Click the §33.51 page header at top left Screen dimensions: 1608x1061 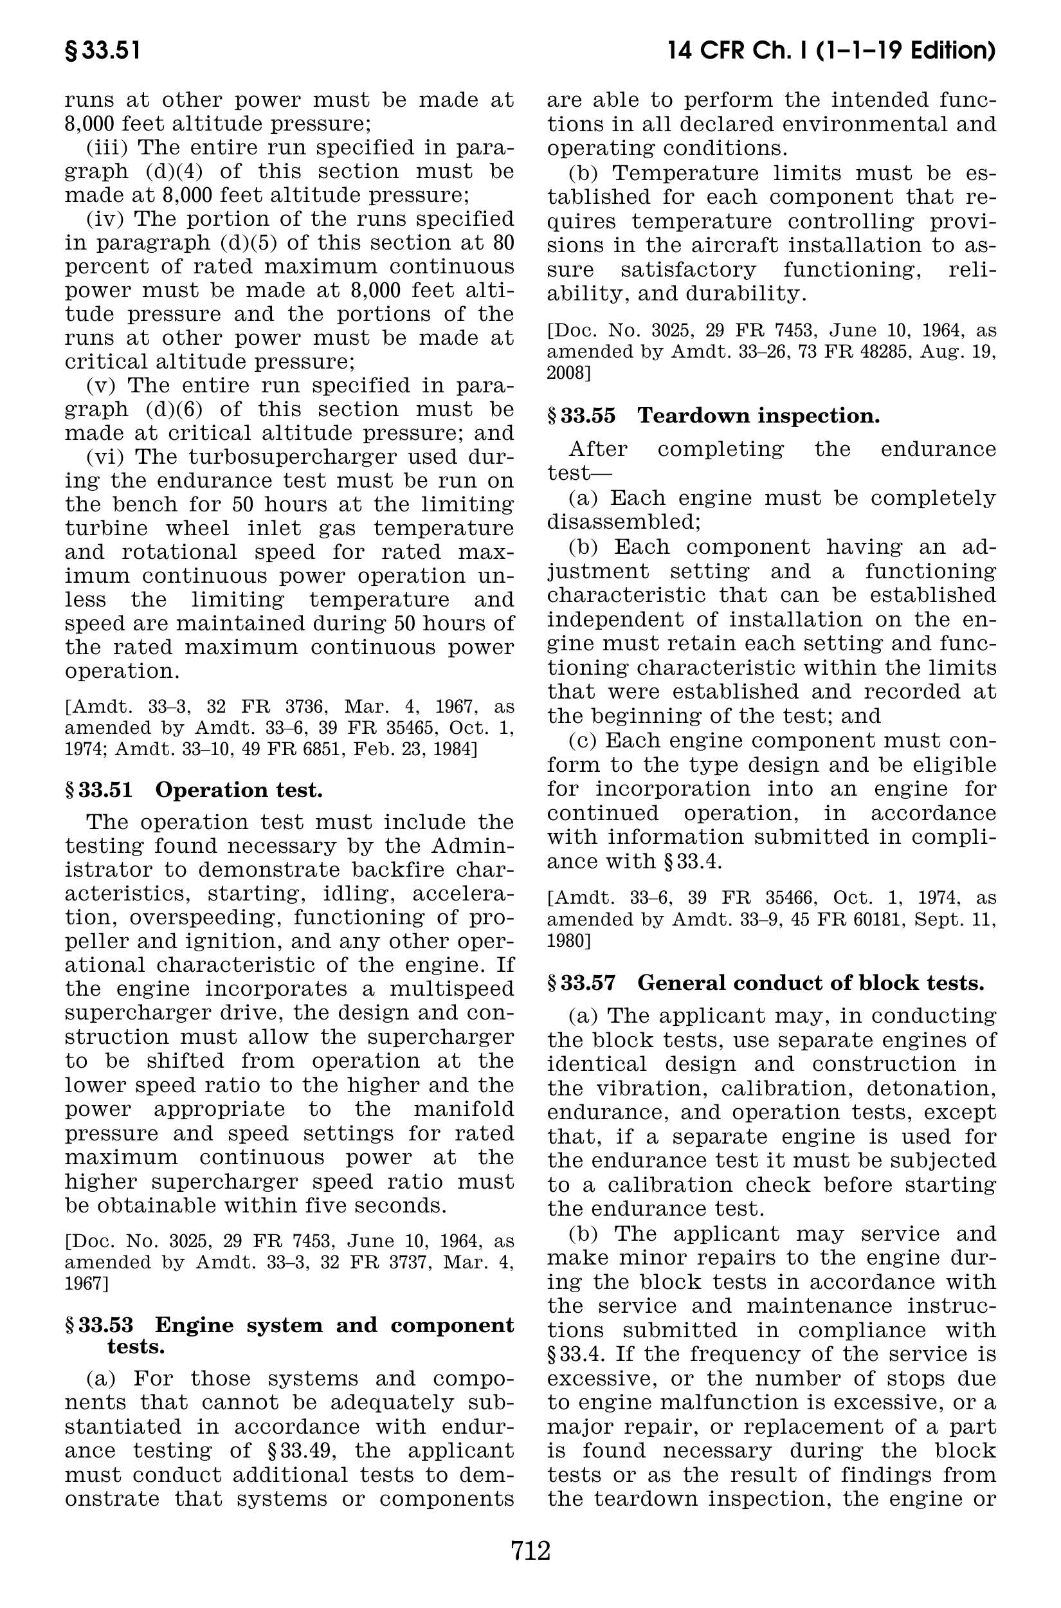pyautogui.click(x=103, y=51)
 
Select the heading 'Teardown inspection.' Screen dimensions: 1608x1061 pyautogui.click(x=759, y=416)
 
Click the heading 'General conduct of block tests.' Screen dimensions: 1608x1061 pyautogui.click(x=811, y=983)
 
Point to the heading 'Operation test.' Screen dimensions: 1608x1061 pyautogui.click(x=239, y=790)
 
